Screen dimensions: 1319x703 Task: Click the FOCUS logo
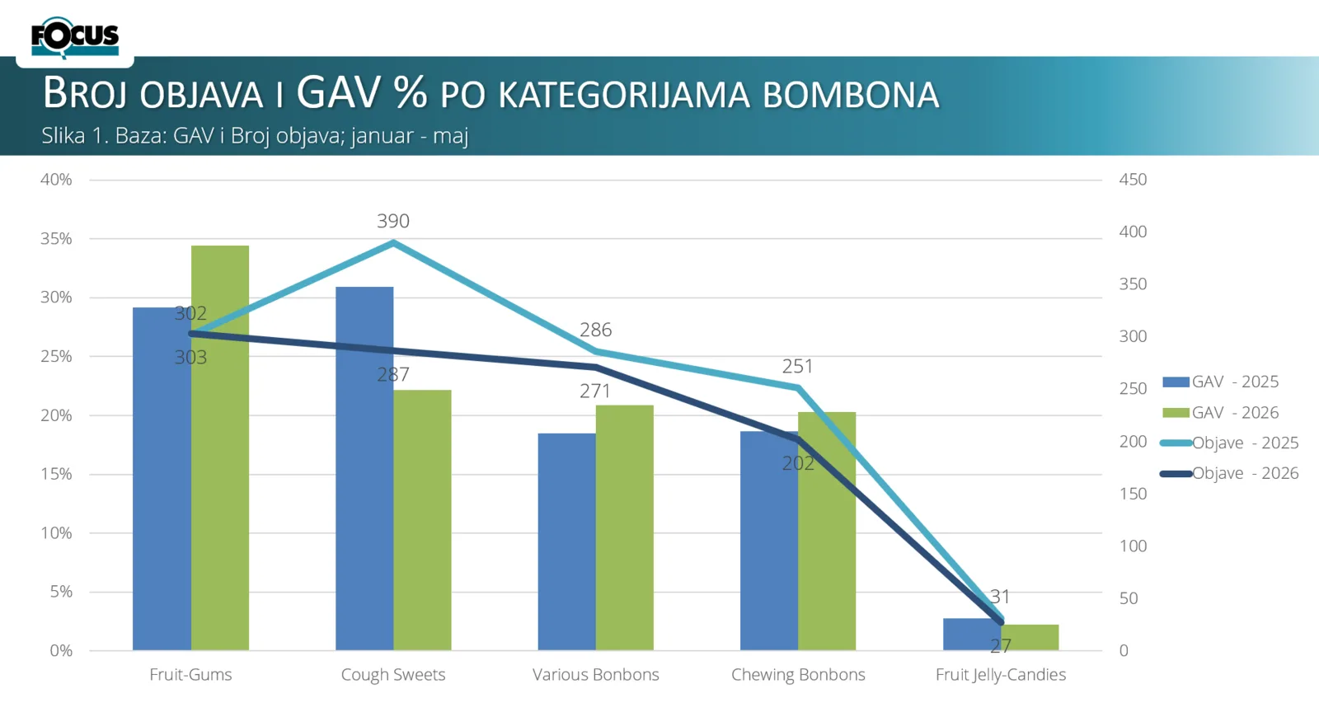point(75,38)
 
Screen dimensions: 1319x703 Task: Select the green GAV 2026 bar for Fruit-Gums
point(220,448)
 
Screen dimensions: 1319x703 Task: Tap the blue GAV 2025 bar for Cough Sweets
point(364,469)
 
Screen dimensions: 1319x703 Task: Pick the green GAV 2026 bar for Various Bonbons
point(625,527)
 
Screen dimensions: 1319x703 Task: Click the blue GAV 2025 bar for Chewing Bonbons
point(769,541)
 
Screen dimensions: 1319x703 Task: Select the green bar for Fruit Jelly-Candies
point(1030,638)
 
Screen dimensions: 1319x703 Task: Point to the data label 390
point(393,221)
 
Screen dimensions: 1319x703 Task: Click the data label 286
point(596,330)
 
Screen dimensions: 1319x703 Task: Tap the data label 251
point(798,366)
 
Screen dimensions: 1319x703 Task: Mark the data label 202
point(798,463)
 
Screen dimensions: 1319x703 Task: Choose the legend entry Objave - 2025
point(1229,443)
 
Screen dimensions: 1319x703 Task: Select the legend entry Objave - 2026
point(1229,473)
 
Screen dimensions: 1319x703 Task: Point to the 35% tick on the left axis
point(56,238)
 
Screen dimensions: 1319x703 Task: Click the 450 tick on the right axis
point(1133,180)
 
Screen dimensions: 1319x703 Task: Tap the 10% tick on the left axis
point(56,533)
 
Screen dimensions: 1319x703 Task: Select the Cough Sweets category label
point(393,675)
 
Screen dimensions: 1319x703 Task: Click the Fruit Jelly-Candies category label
point(1001,675)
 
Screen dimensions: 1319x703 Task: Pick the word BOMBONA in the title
point(851,96)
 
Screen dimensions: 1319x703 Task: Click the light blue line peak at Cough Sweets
point(393,242)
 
